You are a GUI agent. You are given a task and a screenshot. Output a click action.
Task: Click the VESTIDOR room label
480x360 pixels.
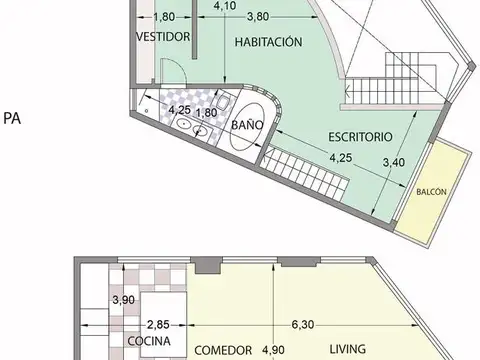(x=162, y=37)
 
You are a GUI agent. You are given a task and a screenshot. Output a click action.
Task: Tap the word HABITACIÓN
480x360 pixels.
(x=269, y=43)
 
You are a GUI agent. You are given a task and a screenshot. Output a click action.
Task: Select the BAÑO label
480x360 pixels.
(x=247, y=126)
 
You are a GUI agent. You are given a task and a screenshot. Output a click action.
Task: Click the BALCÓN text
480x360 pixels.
(x=431, y=192)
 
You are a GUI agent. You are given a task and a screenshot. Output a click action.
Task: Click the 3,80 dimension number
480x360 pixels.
(x=257, y=17)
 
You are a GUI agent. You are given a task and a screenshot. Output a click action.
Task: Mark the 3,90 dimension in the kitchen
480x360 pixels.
(x=124, y=300)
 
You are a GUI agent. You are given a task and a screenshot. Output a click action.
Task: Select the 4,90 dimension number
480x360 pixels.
(x=273, y=351)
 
